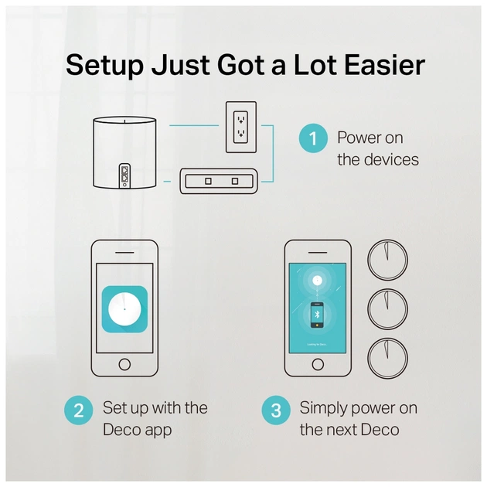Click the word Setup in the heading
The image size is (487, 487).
tap(104, 66)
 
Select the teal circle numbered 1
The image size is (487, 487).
tap(313, 138)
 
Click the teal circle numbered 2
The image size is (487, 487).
tap(79, 410)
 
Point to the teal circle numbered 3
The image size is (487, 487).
tap(276, 410)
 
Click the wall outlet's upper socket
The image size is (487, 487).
tap(240, 119)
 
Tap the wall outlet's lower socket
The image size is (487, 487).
tap(240, 134)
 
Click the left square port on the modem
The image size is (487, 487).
tap(208, 181)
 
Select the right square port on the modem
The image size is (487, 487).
tap(235, 181)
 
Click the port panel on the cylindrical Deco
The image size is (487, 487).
tap(124, 175)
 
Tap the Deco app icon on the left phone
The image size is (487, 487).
tap(124, 309)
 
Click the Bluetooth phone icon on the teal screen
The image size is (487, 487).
tap(317, 315)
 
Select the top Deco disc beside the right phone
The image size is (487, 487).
tap(387, 260)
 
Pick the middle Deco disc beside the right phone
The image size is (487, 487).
tap(387, 309)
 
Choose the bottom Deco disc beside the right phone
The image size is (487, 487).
tap(387, 358)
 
